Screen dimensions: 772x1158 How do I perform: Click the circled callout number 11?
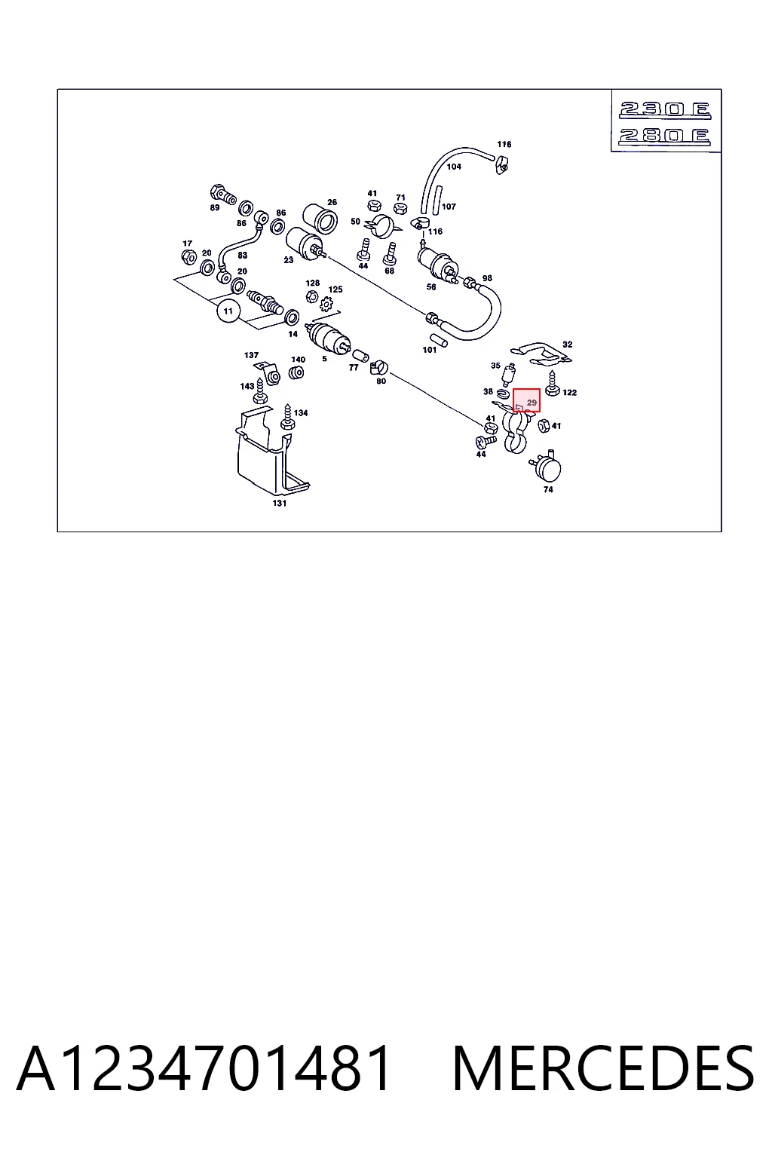tap(228, 311)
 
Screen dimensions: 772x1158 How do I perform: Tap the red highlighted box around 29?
tap(526, 400)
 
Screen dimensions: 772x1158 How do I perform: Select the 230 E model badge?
tap(666, 110)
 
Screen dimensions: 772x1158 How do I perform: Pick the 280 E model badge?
tap(665, 136)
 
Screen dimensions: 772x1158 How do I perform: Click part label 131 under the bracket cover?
tap(279, 503)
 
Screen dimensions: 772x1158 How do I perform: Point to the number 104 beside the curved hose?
tap(454, 167)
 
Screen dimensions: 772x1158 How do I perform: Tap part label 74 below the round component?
tap(548, 489)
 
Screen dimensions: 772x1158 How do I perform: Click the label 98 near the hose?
tap(487, 278)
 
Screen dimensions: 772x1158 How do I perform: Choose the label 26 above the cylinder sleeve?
tap(332, 202)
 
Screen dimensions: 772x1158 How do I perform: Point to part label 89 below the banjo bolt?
tap(215, 207)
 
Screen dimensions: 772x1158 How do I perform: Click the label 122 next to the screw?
tap(569, 392)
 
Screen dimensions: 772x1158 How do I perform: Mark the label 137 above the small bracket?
tap(251, 355)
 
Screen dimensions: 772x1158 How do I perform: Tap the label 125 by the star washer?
tap(335, 289)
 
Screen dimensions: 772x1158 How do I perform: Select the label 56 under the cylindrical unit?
tap(431, 287)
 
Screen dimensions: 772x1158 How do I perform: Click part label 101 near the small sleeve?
tap(429, 350)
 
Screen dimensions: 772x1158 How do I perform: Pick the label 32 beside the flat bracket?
tap(567, 345)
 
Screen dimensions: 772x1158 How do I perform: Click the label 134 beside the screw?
tap(300, 412)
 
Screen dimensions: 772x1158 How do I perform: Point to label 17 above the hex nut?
tap(187, 243)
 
